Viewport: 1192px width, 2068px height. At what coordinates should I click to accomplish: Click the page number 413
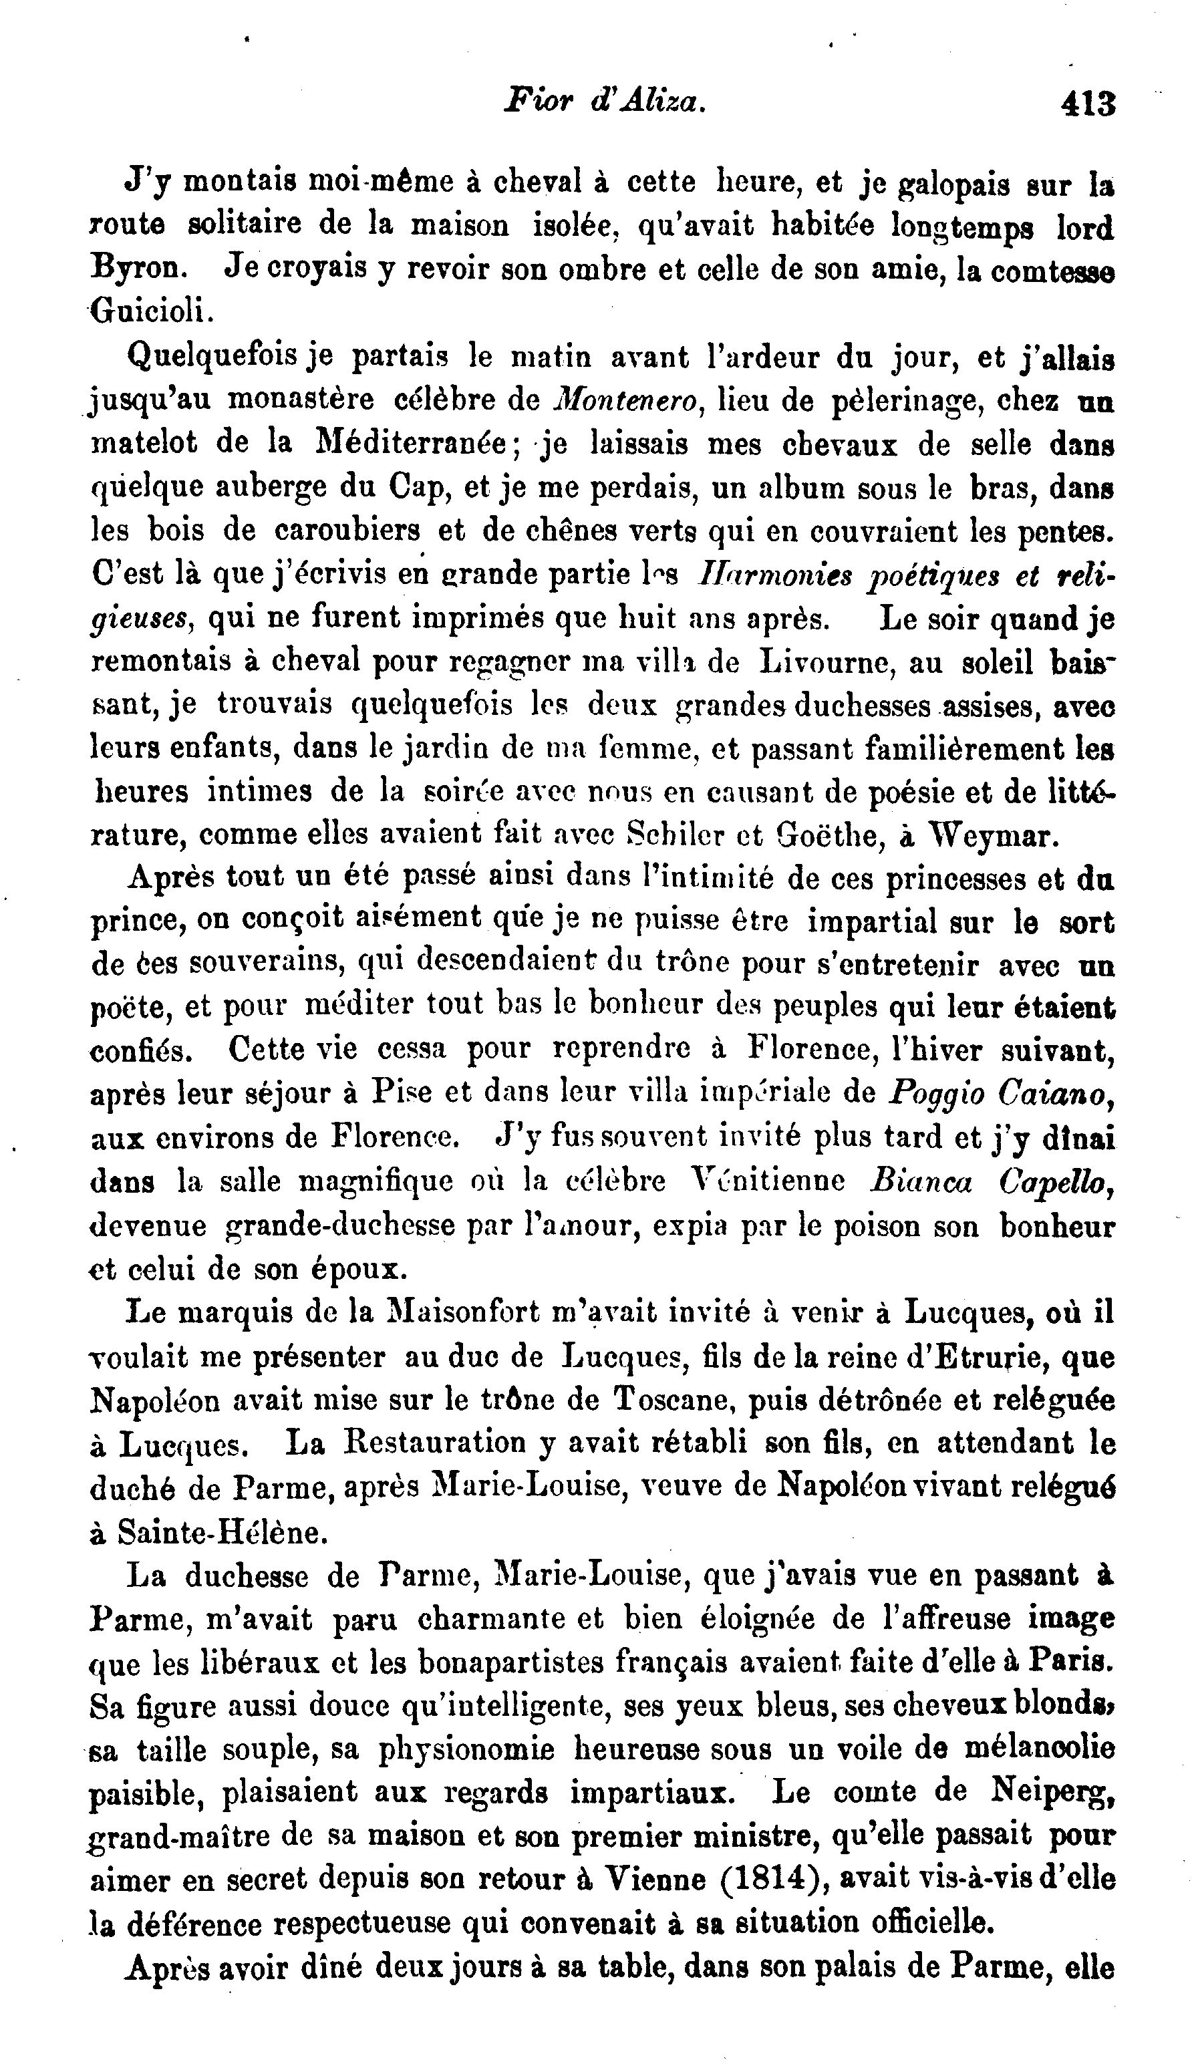(1088, 105)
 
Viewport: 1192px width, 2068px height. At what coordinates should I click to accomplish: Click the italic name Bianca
(920, 1182)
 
